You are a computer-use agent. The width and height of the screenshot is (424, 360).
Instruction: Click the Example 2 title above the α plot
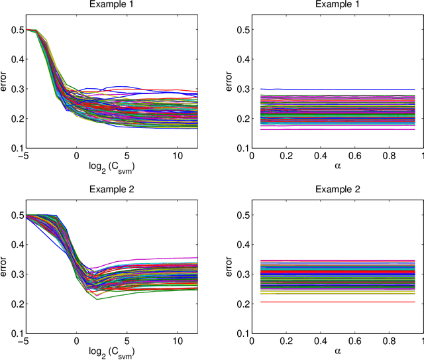point(337,188)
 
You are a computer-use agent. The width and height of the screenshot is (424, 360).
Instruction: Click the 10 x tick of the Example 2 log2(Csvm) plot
point(170,337)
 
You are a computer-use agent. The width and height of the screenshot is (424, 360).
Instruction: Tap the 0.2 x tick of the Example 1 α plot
point(284,154)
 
